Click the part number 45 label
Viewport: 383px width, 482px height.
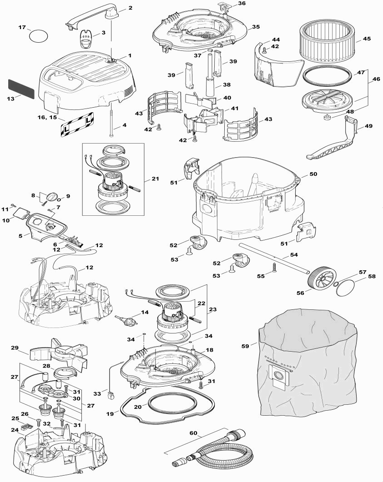(367, 39)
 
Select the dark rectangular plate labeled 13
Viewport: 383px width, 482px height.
(21, 88)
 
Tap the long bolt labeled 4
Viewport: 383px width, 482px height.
(111, 120)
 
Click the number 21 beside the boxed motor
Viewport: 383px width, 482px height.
(155, 179)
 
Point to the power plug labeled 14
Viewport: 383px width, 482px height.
(126, 319)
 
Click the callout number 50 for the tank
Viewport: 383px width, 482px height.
(313, 174)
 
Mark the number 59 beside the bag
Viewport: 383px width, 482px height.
(245, 346)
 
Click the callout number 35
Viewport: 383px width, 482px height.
(256, 27)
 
